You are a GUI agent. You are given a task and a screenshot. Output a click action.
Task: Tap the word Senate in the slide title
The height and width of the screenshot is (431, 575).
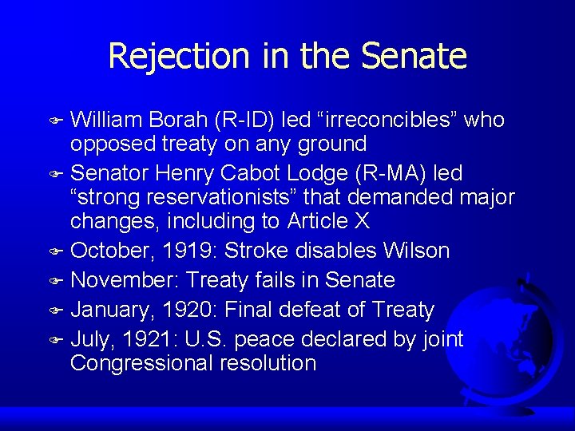tap(413, 56)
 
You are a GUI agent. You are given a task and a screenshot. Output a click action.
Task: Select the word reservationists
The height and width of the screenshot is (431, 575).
tap(225, 196)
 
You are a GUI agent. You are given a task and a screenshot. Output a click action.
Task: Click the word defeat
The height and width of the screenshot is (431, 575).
tap(317, 310)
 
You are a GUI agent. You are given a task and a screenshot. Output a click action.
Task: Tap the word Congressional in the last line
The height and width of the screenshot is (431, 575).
tap(137, 363)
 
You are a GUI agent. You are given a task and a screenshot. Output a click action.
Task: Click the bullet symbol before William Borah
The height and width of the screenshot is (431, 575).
tap(58, 121)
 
